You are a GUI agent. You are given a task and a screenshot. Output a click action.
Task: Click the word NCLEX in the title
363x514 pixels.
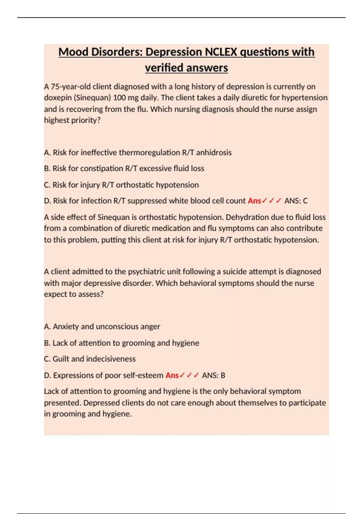(x=221, y=52)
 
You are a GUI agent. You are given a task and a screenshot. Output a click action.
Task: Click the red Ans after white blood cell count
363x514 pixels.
(x=254, y=201)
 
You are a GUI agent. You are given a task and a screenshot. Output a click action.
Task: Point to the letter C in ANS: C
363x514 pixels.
(x=305, y=201)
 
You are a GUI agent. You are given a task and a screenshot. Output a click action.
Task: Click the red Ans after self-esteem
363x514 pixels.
(x=172, y=376)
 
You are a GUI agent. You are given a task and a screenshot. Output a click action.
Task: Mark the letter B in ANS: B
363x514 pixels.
(x=223, y=376)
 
